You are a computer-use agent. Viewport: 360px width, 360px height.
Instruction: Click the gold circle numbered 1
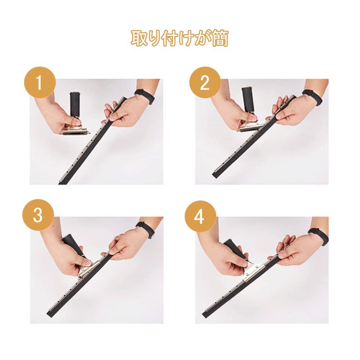(x=40, y=82)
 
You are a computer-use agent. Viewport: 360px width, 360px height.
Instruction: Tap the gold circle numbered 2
(x=205, y=82)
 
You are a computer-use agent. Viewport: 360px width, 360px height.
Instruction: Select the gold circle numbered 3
(x=38, y=215)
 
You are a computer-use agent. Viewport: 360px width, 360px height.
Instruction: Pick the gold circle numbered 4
(x=201, y=216)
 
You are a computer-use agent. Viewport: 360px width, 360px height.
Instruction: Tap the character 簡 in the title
(x=220, y=38)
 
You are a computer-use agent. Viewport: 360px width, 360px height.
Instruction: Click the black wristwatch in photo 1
(x=145, y=96)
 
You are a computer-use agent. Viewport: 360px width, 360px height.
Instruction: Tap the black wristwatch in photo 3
(x=145, y=230)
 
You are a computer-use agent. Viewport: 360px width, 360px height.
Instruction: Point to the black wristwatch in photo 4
(x=318, y=237)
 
